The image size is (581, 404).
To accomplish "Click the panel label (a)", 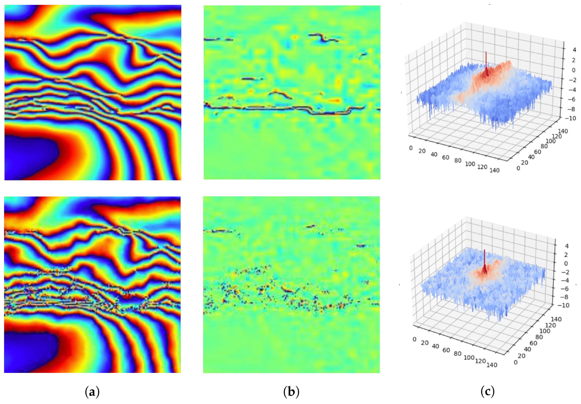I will click(92, 392).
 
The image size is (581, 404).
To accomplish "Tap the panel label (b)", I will click(291, 392).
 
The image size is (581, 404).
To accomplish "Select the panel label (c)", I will click(488, 392).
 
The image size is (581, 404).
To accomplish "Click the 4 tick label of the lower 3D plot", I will click(567, 246).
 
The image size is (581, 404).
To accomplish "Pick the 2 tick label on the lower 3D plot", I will click(567, 255).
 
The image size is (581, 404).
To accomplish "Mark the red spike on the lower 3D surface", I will click(485, 260).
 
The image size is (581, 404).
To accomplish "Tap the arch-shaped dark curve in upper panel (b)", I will click(280, 94).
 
